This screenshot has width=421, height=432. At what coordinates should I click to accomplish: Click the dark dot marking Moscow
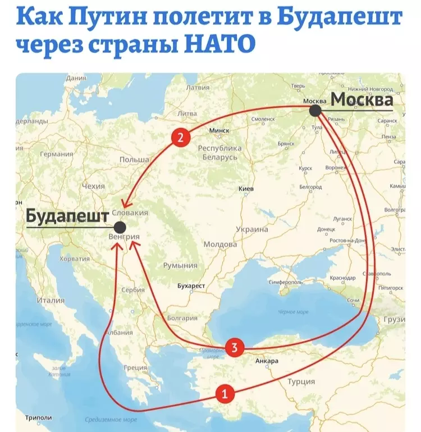pos(315,111)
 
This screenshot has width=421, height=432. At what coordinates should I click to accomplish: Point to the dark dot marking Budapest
pos(119,227)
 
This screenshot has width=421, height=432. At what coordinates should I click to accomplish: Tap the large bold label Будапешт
pos(67,216)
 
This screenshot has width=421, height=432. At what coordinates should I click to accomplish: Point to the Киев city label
pos(246,188)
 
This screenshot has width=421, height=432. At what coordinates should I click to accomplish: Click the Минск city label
pos(219,130)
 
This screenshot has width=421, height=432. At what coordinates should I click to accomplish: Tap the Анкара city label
pos(267,361)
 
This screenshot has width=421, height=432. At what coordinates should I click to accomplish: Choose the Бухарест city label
pos(191,286)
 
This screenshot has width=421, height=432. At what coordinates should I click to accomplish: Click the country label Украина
pos(251,229)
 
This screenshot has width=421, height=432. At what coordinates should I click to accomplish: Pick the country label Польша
pos(135,160)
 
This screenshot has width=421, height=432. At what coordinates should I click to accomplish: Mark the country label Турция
pos(301,382)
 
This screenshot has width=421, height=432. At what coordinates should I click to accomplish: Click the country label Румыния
pos(180,266)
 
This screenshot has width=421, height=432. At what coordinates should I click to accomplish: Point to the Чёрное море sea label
pos(294,312)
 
